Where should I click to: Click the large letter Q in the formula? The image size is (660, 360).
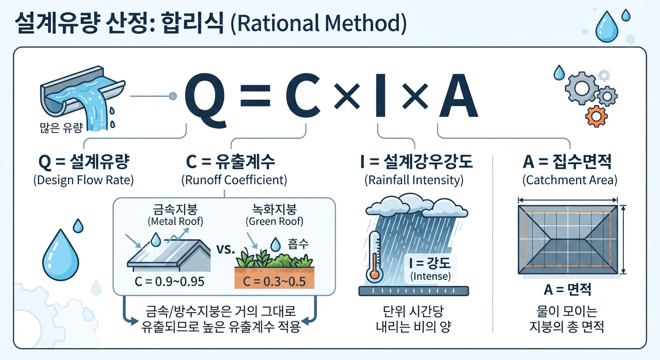[x=205, y=101]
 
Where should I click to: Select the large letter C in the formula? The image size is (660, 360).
[x=303, y=96]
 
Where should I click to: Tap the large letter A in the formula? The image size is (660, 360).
[x=458, y=96]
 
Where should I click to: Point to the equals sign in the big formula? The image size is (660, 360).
[x=255, y=96]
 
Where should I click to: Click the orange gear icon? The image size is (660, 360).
[x=596, y=116]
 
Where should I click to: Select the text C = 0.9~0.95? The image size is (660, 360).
[x=169, y=282]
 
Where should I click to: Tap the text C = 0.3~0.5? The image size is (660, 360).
[x=274, y=282]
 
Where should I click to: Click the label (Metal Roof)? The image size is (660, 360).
[x=175, y=221]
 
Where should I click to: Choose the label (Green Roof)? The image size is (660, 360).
[x=274, y=221]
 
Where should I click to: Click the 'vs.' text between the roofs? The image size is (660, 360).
[x=225, y=250]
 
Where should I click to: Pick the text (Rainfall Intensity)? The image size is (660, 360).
[x=414, y=180]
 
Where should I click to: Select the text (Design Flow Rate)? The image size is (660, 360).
[x=83, y=180]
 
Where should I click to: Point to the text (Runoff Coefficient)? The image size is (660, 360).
[x=234, y=180]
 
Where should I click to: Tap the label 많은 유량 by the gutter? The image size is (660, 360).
[x=61, y=128]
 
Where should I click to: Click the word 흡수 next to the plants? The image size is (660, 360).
[x=298, y=244]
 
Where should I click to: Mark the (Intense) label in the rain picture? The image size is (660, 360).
[x=430, y=277]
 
